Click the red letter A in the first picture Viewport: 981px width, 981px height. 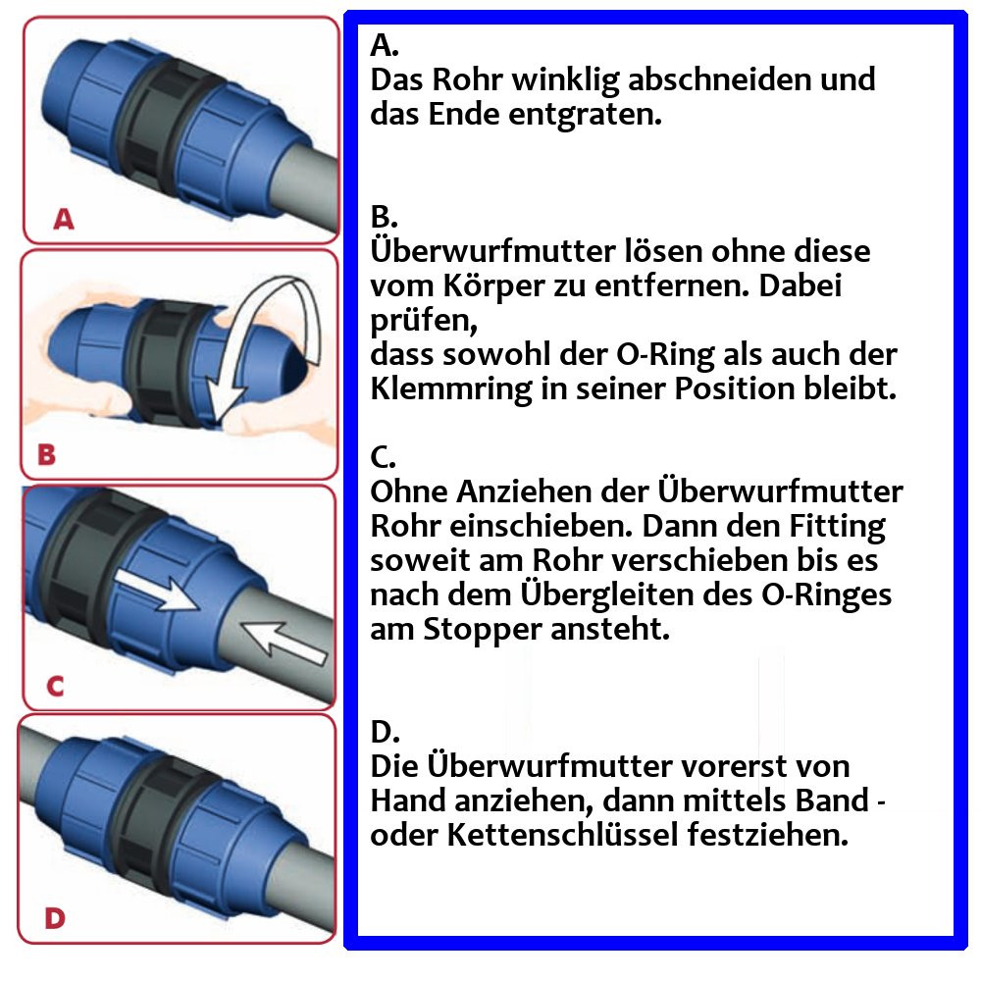click(x=64, y=220)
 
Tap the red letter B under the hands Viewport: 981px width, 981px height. click(x=46, y=454)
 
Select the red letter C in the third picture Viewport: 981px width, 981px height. click(x=55, y=686)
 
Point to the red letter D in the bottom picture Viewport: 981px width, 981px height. click(x=55, y=919)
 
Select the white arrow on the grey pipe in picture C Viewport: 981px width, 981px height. click(x=284, y=640)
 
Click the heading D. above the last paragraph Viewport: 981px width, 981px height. click(x=387, y=732)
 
